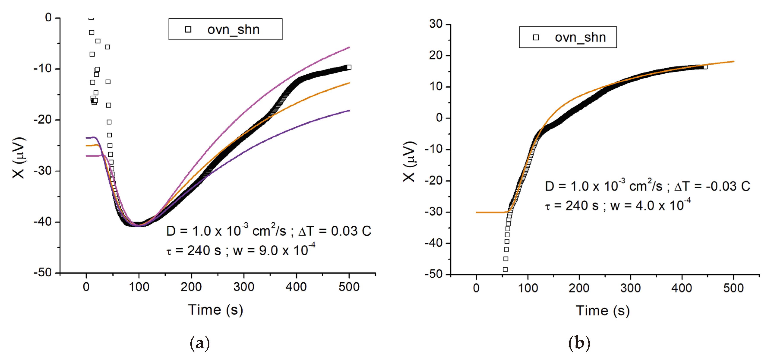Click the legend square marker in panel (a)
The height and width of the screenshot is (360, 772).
[x=188, y=29]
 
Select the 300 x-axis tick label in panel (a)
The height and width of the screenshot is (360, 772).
[x=244, y=287]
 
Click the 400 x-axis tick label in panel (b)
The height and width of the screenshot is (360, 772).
[x=682, y=288]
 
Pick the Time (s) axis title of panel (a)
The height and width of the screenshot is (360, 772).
[x=215, y=310]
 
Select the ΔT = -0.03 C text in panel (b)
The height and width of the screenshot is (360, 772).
[x=712, y=186]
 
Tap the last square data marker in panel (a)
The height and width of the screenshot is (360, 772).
[x=349, y=67]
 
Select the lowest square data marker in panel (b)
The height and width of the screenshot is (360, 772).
[x=505, y=269]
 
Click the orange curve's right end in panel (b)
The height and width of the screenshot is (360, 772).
[x=733, y=61]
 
